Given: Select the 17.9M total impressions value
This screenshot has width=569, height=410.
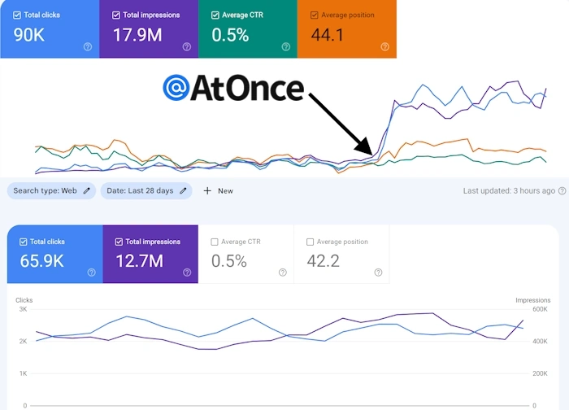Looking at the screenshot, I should click(x=138, y=35).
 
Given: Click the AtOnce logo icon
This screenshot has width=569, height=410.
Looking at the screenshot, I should click(x=174, y=88).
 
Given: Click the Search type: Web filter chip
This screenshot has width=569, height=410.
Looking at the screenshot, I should click(x=51, y=190).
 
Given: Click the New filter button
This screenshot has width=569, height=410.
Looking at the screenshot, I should click(x=218, y=190).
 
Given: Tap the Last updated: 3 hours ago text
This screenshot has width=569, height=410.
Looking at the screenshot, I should click(x=509, y=190).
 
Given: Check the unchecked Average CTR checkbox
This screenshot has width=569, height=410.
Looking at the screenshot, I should click(x=215, y=242).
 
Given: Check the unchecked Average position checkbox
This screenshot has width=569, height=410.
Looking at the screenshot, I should click(x=310, y=242).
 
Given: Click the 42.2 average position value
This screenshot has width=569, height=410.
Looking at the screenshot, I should click(x=323, y=261).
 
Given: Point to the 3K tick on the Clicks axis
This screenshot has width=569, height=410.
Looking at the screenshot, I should click(x=22, y=309).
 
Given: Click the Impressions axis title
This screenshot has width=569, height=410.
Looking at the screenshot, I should click(x=532, y=300).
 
